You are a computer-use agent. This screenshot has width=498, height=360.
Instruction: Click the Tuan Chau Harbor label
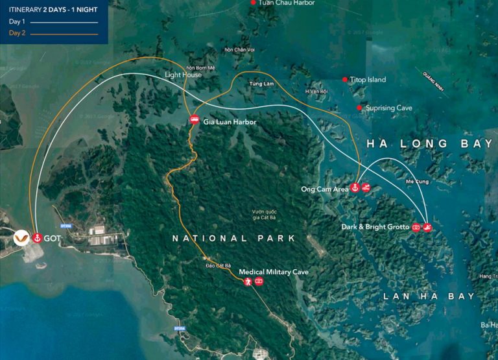(x=286, y=3)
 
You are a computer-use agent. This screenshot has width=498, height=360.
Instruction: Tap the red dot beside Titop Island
(x=345, y=80)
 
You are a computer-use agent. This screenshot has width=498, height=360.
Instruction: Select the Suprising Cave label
(x=389, y=108)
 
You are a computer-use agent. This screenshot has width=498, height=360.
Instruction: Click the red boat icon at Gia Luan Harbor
(x=194, y=119)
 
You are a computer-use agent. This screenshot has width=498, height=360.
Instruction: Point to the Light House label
(x=183, y=75)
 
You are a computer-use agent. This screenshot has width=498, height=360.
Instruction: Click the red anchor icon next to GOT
(x=37, y=238)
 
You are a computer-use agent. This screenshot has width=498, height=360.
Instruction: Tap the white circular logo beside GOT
(x=21, y=238)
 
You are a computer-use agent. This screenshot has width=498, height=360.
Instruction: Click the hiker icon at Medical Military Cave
(x=248, y=282)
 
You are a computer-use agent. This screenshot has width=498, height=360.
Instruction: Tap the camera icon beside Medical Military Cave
(x=259, y=282)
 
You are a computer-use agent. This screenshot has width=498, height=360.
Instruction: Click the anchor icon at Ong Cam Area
(x=355, y=188)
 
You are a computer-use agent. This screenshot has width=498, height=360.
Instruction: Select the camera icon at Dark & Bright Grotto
(x=416, y=228)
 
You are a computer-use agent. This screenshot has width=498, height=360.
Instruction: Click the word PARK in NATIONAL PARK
(x=274, y=239)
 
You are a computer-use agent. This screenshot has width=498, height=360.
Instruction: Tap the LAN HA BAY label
(x=429, y=296)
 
